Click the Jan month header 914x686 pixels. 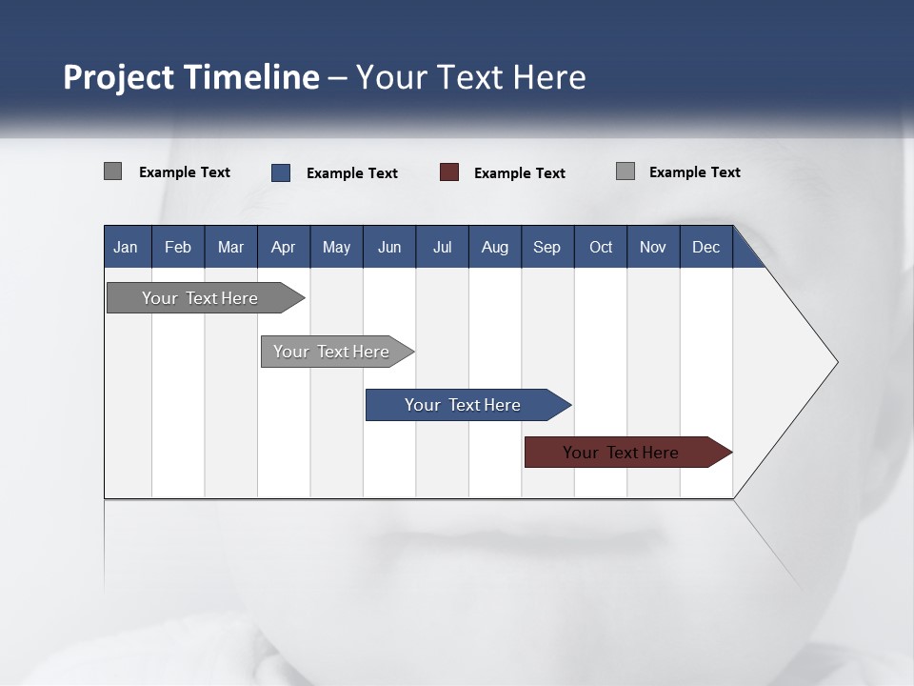point(127,247)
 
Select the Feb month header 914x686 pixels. point(178,247)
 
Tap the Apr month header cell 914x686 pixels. point(284,247)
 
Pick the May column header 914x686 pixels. point(336,247)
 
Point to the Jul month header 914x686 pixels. point(442,247)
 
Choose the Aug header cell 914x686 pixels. point(495,247)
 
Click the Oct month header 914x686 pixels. point(601,247)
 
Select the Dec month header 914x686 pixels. point(706,247)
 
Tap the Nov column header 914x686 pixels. point(653,247)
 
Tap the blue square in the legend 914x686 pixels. point(281,172)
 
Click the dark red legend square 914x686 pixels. point(449,172)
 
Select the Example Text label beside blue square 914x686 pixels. point(352,173)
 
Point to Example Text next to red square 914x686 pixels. point(520,173)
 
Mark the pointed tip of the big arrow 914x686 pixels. point(836,362)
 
